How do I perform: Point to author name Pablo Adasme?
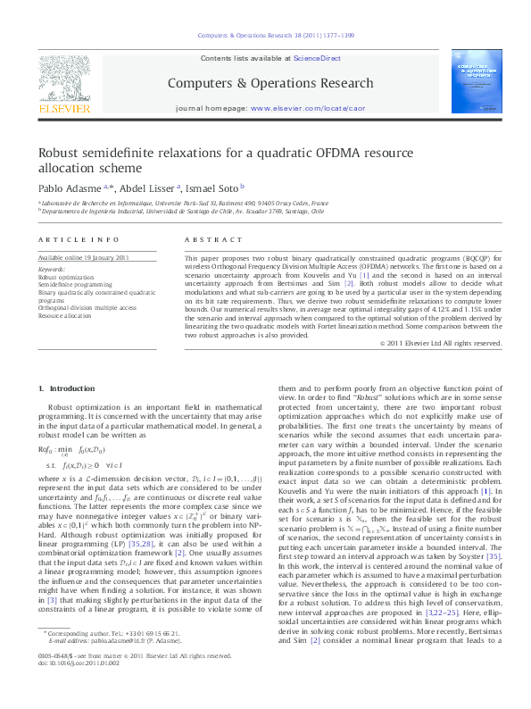[68, 188]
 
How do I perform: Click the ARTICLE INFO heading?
[79, 241]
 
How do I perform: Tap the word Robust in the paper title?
[59, 153]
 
